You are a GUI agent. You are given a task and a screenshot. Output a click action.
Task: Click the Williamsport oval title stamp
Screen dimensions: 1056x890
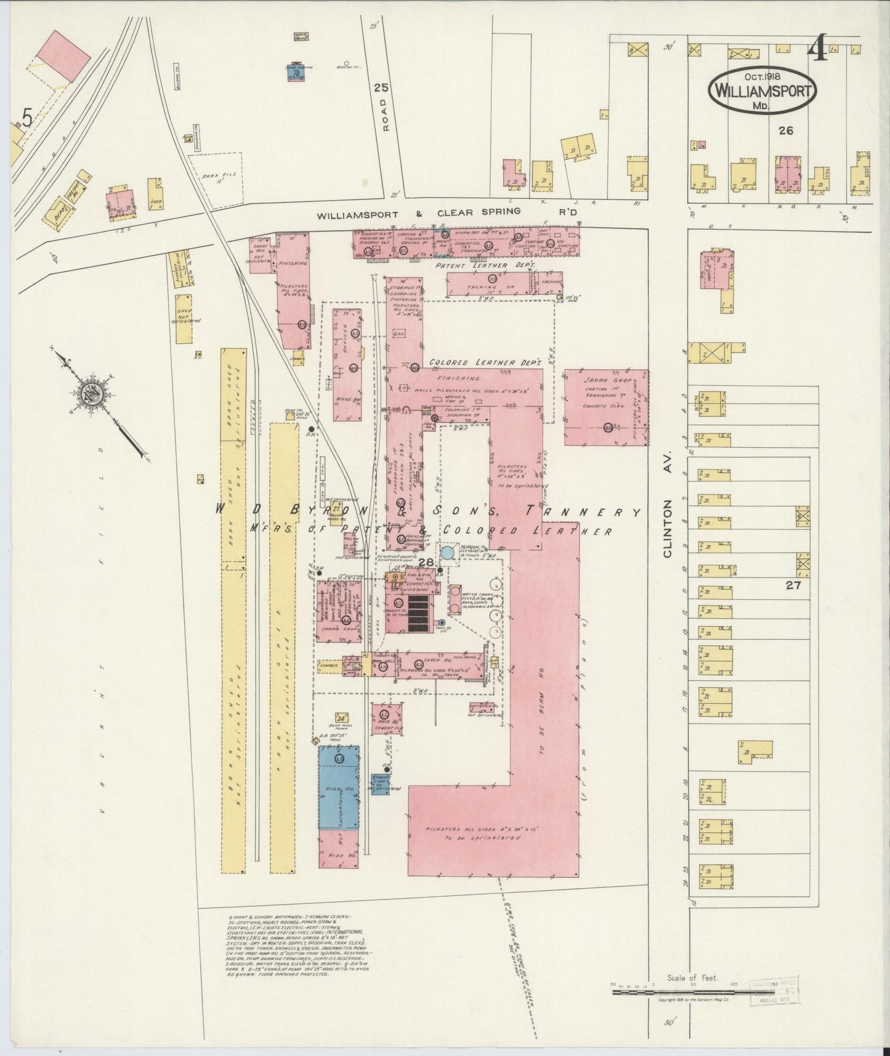(x=764, y=89)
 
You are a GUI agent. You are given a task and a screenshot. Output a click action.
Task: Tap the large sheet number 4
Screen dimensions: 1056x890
(x=818, y=47)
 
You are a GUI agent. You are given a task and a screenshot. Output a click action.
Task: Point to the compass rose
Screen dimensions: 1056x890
(x=92, y=395)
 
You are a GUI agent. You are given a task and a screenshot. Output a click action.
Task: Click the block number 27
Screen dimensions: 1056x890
(x=792, y=585)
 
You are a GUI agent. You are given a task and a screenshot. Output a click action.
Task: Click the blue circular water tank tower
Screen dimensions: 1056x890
(x=448, y=553)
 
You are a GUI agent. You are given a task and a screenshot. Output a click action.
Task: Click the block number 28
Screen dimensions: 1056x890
(x=426, y=562)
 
